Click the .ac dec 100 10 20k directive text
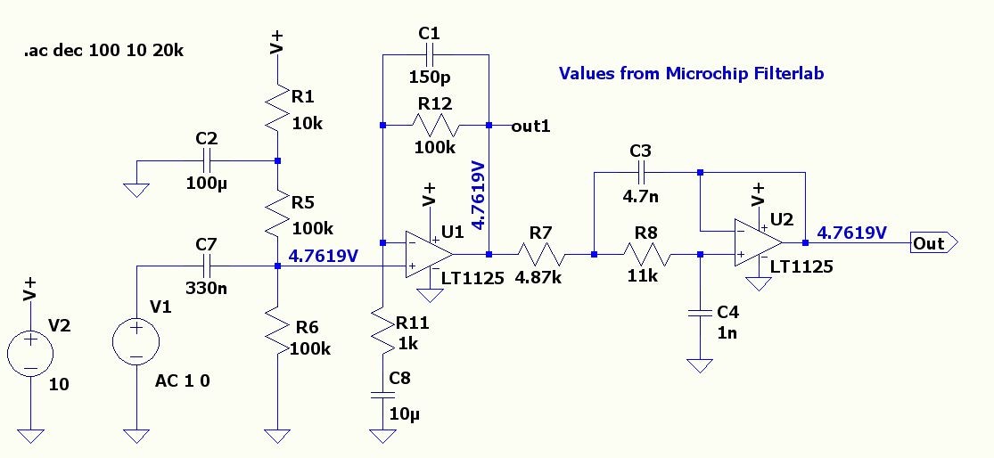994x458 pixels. [x=104, y=52]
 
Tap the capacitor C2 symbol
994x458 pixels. [x=207, y=161]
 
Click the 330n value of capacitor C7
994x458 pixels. [x=205, y=288]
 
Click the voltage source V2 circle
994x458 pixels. [x=30, y=351]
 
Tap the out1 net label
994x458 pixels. [x=530, y=126]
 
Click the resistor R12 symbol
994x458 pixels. [x=436, y=125]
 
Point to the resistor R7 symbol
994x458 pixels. [x=542, y=253]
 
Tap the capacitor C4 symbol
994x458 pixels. [x=700, y=313]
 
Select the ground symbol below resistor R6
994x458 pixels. [x=278, y=435]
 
